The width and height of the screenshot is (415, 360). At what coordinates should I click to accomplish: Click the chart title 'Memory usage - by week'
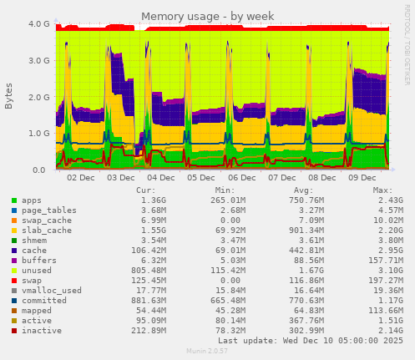207,17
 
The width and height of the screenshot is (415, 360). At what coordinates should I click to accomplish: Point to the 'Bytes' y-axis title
10,96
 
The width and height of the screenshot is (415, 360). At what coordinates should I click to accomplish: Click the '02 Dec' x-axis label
81,178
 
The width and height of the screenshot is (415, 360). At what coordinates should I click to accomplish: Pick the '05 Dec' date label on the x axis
201,178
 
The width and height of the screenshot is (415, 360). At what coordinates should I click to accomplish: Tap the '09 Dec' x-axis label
362,178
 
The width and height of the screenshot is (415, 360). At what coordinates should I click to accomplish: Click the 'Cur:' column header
170,190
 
